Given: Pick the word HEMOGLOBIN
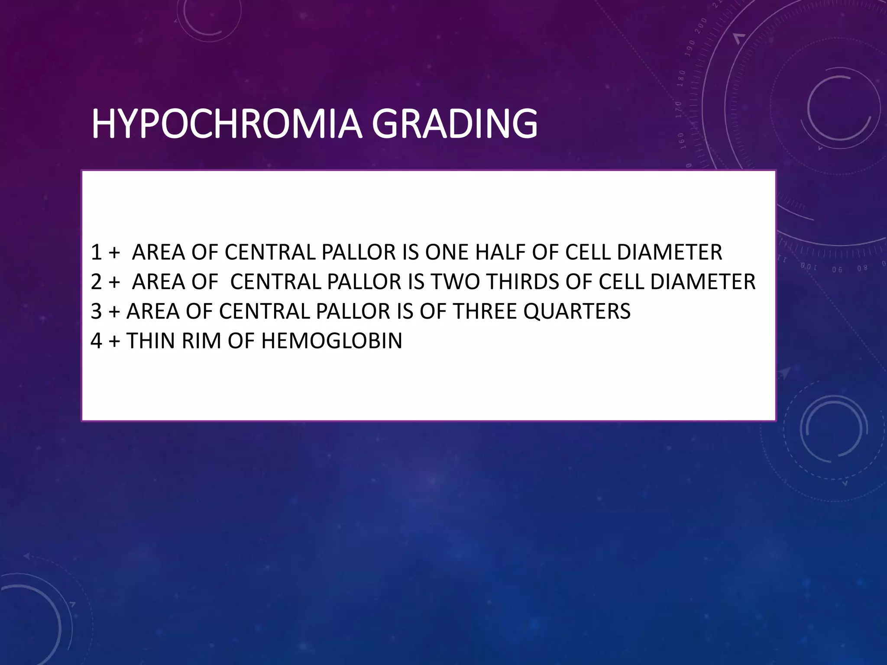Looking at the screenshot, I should point(332,341).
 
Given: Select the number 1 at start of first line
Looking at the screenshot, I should point(96,252).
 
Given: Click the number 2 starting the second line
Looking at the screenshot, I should point(96,282).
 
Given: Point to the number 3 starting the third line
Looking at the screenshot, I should point(96,311).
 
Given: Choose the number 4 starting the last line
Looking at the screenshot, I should point(96,341).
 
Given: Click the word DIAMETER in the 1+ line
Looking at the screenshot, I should point(670,252).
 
